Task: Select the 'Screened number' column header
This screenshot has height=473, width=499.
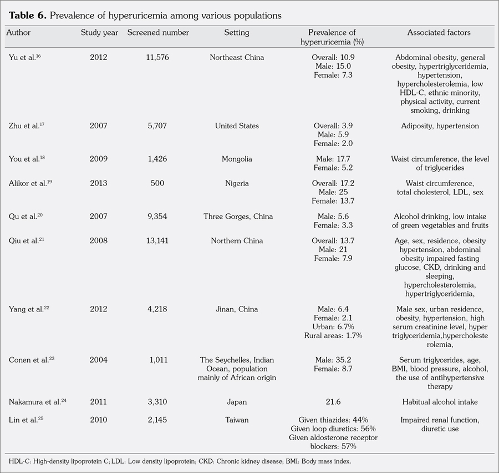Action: (x=158, y=33)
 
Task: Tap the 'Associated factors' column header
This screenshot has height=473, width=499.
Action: (x=439, y=33)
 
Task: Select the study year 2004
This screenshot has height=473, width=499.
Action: (x=99, y=360)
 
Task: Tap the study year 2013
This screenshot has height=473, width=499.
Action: (x=99, y=183)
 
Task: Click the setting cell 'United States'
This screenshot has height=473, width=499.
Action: (x=237, y=126)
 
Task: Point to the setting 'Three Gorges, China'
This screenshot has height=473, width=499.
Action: (x=238, y=217)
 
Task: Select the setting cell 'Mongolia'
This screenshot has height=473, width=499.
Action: (x=237, y=159)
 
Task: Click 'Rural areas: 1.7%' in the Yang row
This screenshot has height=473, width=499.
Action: (x=333, y=336)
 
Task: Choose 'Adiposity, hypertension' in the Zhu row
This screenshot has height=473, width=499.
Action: (x=440, y=126)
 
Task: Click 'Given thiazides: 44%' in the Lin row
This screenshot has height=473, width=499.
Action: (x=333, y=420)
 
